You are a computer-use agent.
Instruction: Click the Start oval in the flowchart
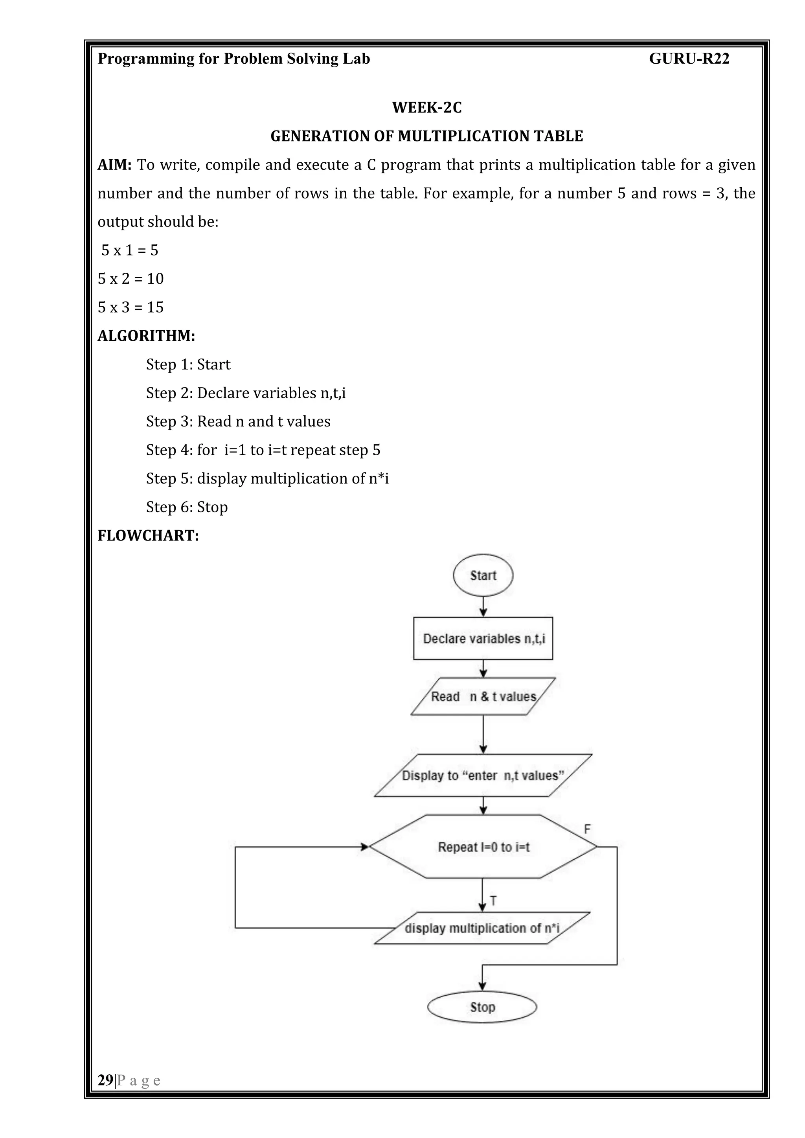click(483, 575)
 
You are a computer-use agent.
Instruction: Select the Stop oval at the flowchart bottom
click(482, 1007)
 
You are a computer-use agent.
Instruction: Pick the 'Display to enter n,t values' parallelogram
click(483, 775)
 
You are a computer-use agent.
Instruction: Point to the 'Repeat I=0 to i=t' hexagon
click(483, 847)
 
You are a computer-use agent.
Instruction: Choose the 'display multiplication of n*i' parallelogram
click(482, 928)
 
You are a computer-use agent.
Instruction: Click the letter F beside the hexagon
click(587, 829)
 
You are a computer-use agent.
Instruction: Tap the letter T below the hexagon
click(493, 901)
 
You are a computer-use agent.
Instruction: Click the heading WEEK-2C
click(427, 108)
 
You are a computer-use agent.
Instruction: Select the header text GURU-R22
click(689, 59)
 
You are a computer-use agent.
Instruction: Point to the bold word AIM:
click(114, 165)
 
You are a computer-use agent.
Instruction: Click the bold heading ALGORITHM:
click(146, 336)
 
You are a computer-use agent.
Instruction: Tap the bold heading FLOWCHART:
click(148, 536)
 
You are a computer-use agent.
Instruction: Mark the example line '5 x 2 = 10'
click(130, 279)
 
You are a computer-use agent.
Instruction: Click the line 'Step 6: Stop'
click(187, 507)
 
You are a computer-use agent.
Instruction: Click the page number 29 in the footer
click(105, 1080)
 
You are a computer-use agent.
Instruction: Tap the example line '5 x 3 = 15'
click(130, 307)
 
